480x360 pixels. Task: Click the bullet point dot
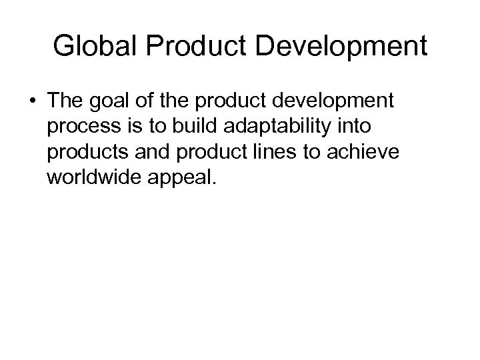pyautogui.click(x=32, y=105)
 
